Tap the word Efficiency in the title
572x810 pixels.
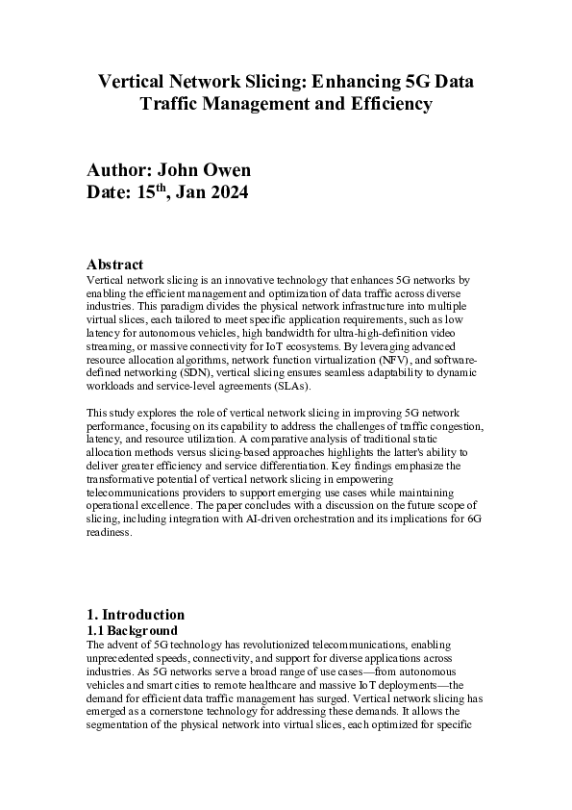(x=385, y=103)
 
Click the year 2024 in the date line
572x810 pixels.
(x=227, y=192)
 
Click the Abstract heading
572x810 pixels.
(x=114, y=265)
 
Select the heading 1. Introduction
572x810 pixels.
(x=136, y=615)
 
